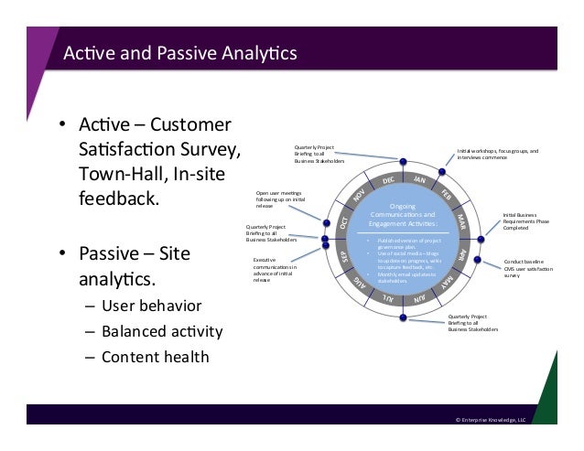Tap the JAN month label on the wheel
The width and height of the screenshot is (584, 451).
click(x=420, y=180)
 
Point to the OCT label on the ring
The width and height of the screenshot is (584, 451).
click(x=344, y=222)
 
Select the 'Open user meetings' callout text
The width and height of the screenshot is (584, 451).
click(x=281, y=199)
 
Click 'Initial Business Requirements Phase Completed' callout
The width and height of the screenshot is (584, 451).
click(x=526, y=221)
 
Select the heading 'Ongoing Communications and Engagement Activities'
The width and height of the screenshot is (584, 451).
click(x=402, y=215)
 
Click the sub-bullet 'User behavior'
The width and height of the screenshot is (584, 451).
click(x=151, y=305)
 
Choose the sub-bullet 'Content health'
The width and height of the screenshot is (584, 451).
click(x=155, y=357)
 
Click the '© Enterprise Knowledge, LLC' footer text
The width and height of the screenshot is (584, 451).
click(x=491, y=419)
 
